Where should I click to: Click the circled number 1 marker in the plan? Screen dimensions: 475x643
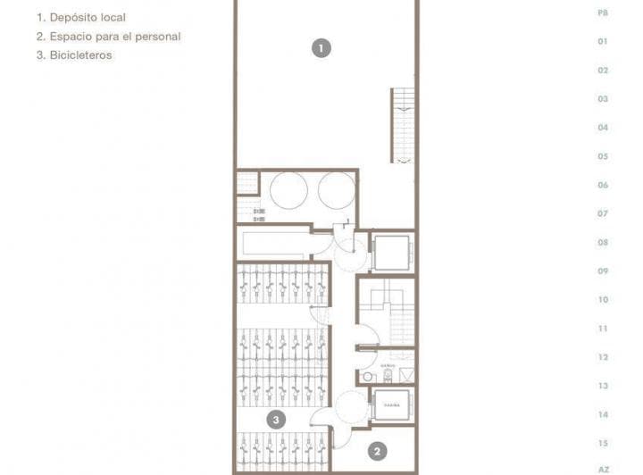pos(321,48)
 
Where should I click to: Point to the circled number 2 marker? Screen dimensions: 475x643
pos(378,452)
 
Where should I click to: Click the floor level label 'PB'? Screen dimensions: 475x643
pos(603,12)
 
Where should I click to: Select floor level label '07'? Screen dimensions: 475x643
pos(603,213)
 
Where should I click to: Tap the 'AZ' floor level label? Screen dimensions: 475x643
pos(603,469)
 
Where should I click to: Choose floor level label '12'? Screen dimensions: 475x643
pos(603,357)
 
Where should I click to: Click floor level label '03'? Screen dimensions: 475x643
pos(603,99)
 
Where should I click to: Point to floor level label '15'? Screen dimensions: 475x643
pos(603,443)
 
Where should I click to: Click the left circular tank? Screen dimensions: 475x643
pos(290,189)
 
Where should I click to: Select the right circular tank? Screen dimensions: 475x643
pos(336,189)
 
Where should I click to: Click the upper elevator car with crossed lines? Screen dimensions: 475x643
pos(389,254)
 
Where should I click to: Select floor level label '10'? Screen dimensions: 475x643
pos(603,300)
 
